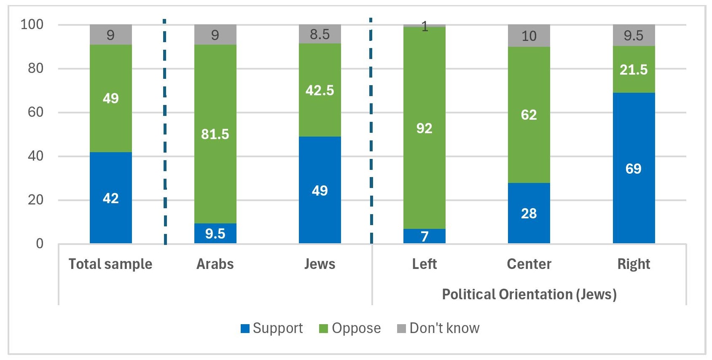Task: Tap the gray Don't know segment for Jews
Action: pyautogui.click(x=320, y=34)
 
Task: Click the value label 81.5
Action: pyautogui.click(x=215, y=134)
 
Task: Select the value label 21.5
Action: pyautogui.click(x=634, y=70)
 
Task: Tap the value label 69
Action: pyautogui.click(x=634, y=169)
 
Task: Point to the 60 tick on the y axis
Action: pyautogui.click(x=35, y=112)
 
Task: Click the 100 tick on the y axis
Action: pyautogui.click(x=32, y=24)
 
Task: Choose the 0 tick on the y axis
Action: pyautogui.click(x=40, y=243)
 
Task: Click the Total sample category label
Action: pyautogui.click(x=110, y=264)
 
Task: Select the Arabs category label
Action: pyautogui.click(x=215, y=264)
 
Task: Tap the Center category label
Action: pyautogui.click(x=529, y=264)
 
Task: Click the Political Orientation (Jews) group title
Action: pyautogui.click(x=529, y=294)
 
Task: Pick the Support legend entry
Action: pyautogui.click(x=272, y=328)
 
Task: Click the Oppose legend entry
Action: pyautogui.click(x=350, y=328)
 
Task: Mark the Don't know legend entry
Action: pyautogui.click(x=438, y=328)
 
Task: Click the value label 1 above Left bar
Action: pyautogui.click(x=425, y=27)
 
